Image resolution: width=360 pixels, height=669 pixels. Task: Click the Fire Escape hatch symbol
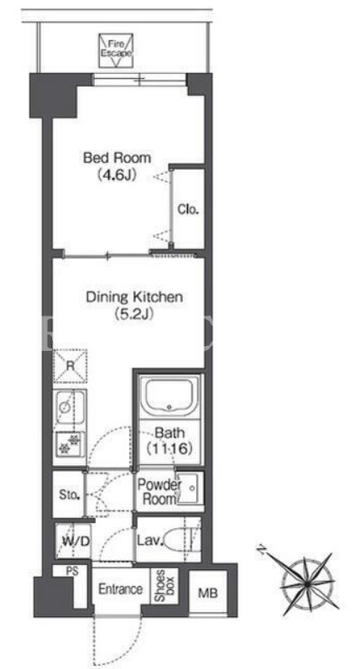point(116,50)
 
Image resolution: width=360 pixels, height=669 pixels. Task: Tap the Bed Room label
point(117,158)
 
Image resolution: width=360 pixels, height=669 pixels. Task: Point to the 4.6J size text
point(117,175)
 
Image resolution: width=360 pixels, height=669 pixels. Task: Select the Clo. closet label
point(189,210)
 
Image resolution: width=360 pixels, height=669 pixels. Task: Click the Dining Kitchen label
point(134,297)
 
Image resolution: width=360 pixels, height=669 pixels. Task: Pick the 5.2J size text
point(134,315)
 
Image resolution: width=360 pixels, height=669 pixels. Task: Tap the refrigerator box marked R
point(70,366)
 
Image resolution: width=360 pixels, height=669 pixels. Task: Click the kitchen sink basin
point(70,406)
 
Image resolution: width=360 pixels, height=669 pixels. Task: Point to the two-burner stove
point(70,444)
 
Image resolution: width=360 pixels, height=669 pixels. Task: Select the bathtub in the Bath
point(170,395)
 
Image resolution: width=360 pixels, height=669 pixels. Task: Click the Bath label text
point(170,432)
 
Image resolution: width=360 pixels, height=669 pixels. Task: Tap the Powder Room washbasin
point(190,488)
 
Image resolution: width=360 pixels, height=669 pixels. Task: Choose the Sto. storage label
point(70,495)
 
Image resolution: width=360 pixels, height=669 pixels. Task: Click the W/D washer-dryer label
point(76,542)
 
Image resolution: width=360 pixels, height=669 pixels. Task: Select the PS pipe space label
point(71,572)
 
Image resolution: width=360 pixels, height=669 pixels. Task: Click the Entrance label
point(121,589)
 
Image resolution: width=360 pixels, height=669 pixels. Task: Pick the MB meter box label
point(208,593)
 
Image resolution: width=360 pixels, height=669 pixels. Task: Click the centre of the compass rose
point(307,583)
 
